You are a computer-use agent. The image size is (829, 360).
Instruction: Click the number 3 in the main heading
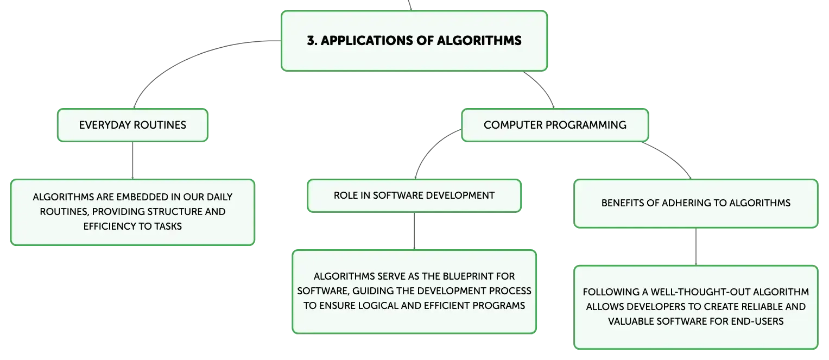[x=311, y=40]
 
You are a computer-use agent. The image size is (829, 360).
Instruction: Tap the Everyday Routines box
[x=132, y=125]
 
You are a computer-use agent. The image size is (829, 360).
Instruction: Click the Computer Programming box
[x=555, y=125]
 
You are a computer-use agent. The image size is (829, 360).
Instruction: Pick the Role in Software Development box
[x=414, y=195]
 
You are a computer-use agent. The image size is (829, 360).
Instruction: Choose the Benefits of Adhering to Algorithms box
[x=696, y=204]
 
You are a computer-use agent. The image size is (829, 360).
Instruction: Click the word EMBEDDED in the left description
[x=137, y=197]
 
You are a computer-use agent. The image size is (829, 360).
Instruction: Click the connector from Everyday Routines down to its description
[x=132, y=161]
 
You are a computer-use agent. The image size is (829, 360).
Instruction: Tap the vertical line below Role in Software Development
[x=414, y=231]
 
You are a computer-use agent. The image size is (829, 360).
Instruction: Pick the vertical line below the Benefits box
[x=696, y=247]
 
